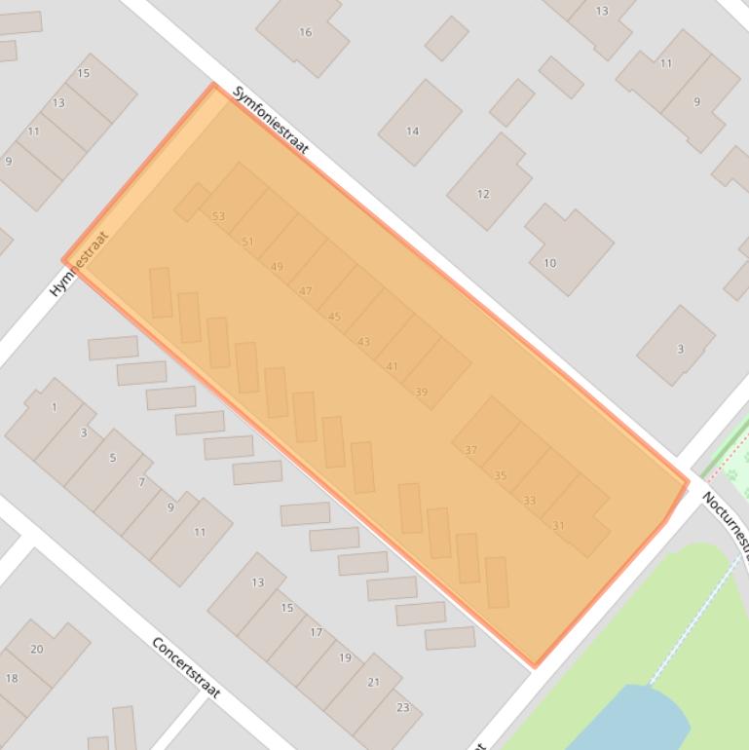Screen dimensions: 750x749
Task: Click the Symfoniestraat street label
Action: [x=271, y=119]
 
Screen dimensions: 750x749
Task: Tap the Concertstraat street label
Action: [x=186, y=667]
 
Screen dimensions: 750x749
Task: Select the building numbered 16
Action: [x=305, y=32]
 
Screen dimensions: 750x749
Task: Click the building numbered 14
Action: [x=413, y=131]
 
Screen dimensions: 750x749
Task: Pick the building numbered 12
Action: [x=483, y=194]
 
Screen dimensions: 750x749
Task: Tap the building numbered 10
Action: [x=550, y=263]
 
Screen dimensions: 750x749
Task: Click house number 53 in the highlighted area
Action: [x=218, y=216]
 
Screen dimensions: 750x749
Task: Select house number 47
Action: [x=306, y=290]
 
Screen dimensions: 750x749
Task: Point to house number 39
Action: [x=422, y=392]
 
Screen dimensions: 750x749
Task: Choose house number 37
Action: [x=471, y=449]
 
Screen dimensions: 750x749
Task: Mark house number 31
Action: [x=558, y=525]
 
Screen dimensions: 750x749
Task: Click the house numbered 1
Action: [x=55, y=407]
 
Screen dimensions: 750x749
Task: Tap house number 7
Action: [x=142, y=482]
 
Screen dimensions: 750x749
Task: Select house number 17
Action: [x=317, y=632]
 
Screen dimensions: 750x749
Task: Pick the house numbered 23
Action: [x=403, y=707]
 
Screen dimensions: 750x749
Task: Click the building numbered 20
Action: [x=37, y=649]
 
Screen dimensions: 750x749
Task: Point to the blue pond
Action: [x=633, y=721]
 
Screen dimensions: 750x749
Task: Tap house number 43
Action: [x=364, y=342]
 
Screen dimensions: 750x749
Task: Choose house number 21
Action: [x=374, y=682]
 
